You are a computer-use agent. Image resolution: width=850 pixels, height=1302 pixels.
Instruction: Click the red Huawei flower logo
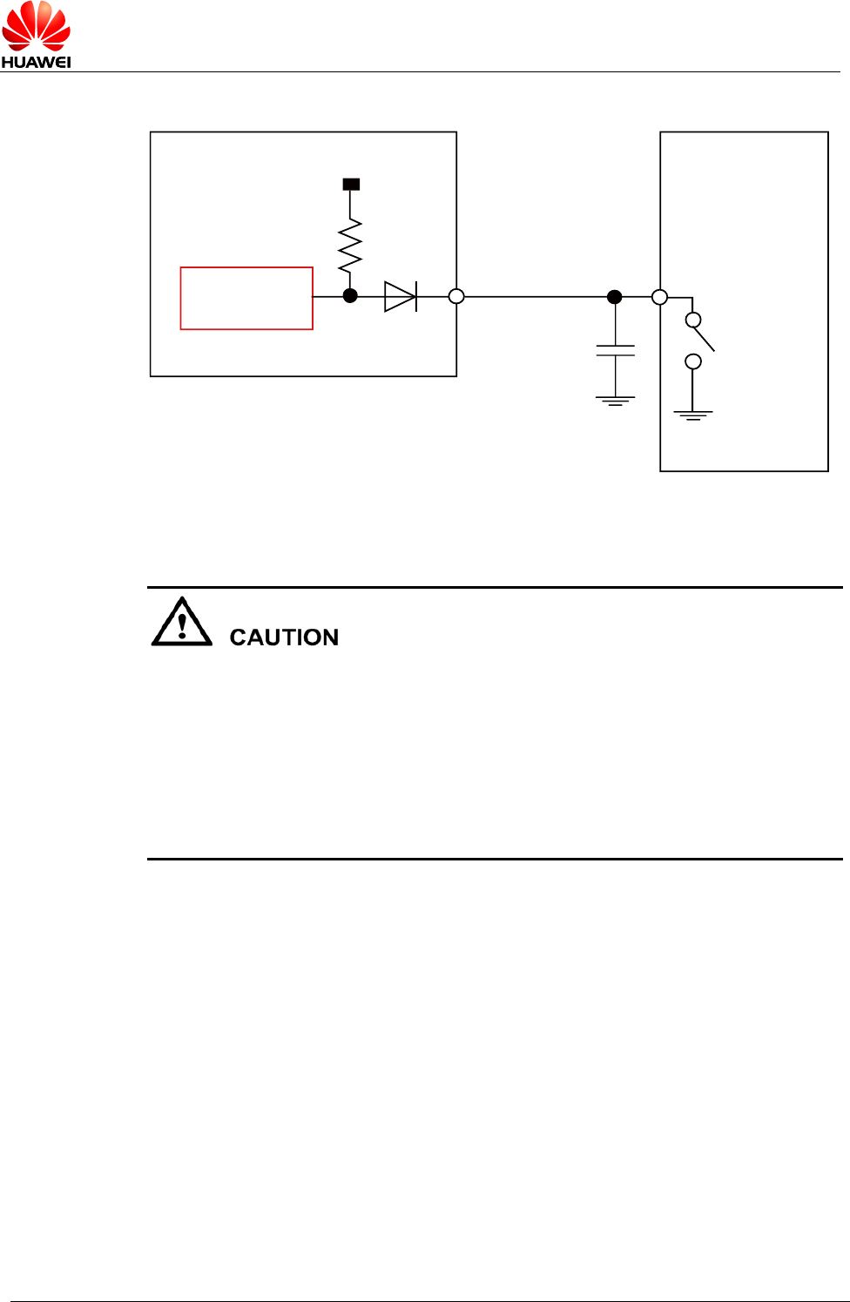coord(36,26)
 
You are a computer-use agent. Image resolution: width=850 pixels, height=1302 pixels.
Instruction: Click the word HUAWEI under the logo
coord(36,62)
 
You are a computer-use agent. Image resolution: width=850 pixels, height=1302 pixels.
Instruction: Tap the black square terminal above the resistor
coord(351,185)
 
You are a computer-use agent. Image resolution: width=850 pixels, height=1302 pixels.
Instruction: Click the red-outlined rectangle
coord(246,298)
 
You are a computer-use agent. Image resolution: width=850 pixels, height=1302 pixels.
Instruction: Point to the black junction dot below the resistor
coord(350,296)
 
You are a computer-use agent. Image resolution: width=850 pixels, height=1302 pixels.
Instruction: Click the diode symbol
coord(401,296)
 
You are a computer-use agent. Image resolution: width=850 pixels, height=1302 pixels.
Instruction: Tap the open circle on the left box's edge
coord(456,296)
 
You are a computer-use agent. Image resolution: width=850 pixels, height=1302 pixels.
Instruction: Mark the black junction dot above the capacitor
coord(615,297)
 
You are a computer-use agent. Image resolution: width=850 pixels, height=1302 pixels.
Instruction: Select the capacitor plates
coord(616,350)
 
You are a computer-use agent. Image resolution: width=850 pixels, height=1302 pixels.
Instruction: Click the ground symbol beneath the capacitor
coord(616,401)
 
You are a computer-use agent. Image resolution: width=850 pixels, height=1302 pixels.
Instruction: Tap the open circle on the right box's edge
coord(660,297)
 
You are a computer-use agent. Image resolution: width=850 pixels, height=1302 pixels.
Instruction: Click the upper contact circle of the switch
coord(693,320)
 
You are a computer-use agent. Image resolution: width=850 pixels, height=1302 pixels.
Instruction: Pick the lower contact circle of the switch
coord(693,361)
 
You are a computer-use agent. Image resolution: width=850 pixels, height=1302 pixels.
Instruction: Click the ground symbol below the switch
coord(693,415)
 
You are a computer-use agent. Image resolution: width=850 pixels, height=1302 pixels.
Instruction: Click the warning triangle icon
coord(182,622)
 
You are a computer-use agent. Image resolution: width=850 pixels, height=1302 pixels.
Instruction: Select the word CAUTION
coord(284,638)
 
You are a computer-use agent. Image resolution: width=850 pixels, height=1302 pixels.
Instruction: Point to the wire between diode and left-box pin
coord(433,296)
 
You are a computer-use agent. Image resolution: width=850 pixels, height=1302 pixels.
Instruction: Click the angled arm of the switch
coord(705,340)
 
